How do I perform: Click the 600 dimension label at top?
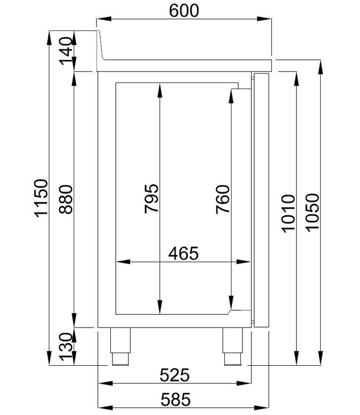(x=184, y=11)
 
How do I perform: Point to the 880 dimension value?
(x=65, y=198)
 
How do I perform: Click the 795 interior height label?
(x=151, y=198)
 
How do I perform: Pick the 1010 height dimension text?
(x=287, y=213)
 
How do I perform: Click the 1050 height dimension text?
(x=311, y=213)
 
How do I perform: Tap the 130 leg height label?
(x=65, y=347)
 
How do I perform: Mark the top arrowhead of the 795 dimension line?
(x=159, y=89)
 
